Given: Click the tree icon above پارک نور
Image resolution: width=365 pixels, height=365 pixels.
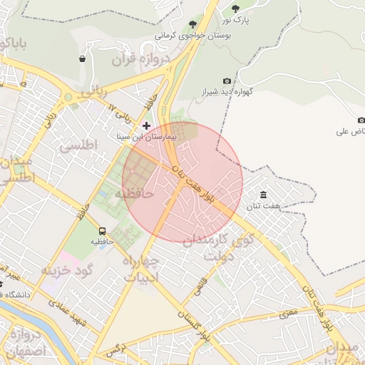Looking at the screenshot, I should coord(236,9).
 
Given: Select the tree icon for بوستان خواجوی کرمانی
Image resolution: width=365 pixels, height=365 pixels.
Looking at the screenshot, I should coord(192,24).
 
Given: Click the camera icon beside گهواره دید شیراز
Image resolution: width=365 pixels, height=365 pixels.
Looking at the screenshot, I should coord(227,81).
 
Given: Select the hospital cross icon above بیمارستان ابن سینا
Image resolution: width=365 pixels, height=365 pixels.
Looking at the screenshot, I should coord(147,125).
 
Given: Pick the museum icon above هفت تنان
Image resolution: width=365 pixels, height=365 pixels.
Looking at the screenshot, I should coord(264,195).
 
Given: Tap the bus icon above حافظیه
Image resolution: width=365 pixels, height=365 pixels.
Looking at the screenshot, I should coord(102,231).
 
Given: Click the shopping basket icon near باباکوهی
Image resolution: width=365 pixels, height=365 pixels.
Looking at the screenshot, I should coord(83,58).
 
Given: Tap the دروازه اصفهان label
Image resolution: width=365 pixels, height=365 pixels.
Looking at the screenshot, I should coord(27,342).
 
